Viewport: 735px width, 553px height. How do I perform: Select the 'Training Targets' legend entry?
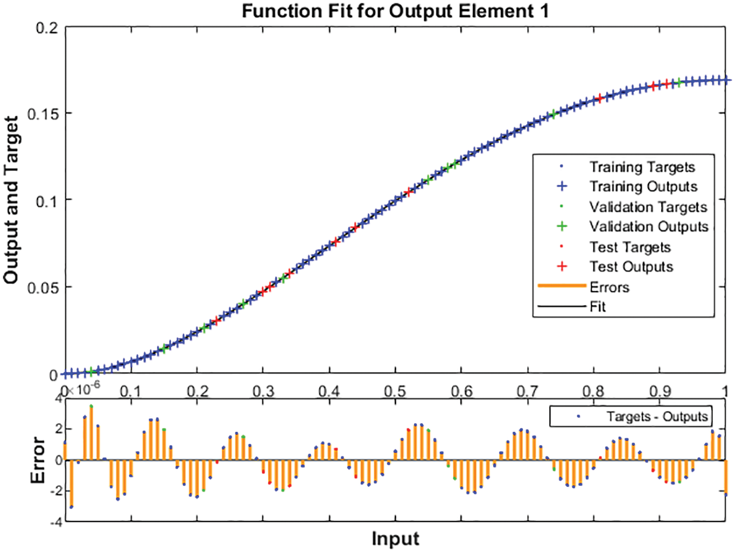coord(642,167)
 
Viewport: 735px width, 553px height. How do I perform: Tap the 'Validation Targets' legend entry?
coord(648,207)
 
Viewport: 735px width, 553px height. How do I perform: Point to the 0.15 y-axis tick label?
coord(43,113)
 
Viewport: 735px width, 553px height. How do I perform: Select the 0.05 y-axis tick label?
coord(43,287)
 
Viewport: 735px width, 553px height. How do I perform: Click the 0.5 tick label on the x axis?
coord(395,391)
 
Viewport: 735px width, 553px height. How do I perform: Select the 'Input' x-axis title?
coord(396,538)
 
